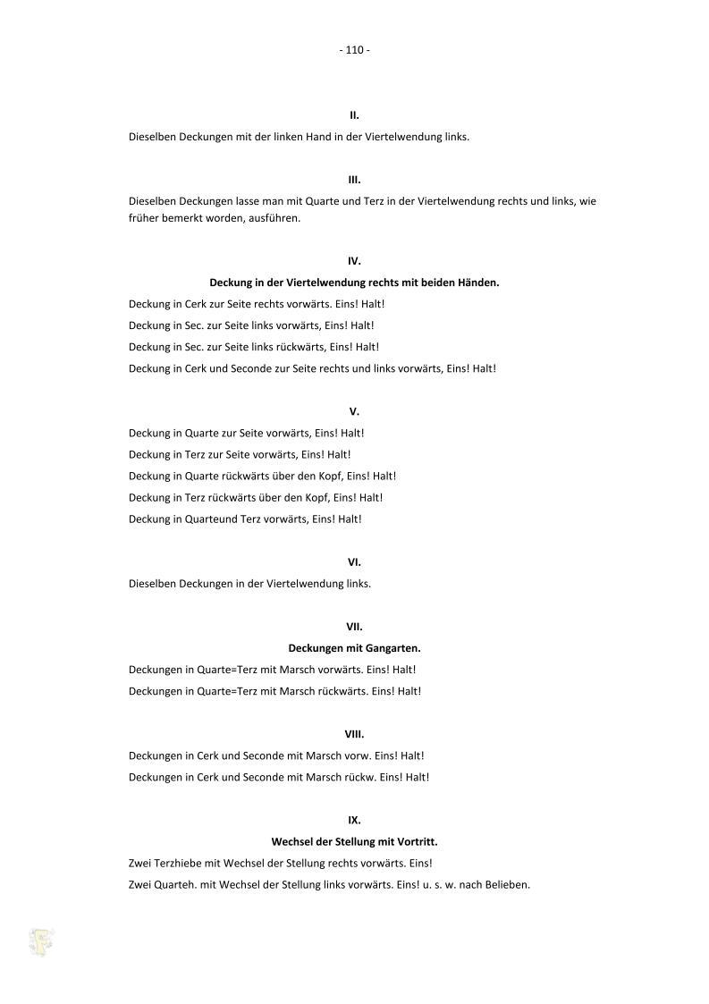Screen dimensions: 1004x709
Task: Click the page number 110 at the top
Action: click(354, 50)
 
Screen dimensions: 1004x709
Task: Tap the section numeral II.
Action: click(354, 115)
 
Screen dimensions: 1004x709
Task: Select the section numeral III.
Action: click(354, 180)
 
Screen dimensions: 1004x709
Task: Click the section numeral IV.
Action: click(354, 261)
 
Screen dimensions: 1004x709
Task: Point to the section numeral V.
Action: click(354, 412)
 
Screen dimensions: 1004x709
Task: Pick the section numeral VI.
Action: click(354, 562)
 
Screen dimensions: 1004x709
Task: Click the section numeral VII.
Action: click(354, 627)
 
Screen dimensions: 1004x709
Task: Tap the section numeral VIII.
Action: click(354, 734)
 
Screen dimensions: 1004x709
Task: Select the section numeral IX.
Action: click(354, 820)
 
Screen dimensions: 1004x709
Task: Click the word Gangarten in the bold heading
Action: click(392, 648)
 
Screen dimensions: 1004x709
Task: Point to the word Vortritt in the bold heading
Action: click(415, 842)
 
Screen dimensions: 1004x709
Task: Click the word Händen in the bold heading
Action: click(476, 283)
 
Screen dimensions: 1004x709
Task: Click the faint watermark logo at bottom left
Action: click(41, 941)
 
